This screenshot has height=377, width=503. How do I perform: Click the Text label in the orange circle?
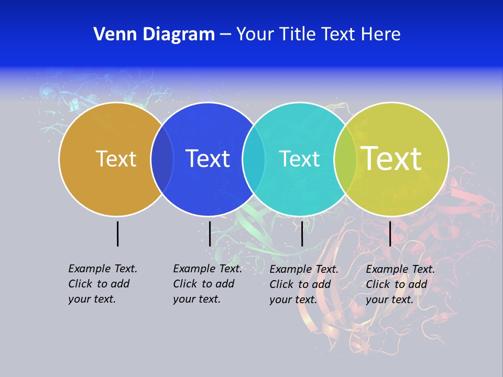[x=116, y=159]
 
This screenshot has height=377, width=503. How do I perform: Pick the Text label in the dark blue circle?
[x=208, y=159]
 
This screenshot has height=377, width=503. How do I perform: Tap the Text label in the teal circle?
[x=299, y=159]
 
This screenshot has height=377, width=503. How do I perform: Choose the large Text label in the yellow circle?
[x=391, y=158]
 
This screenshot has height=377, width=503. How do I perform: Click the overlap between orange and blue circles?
[x=162, y=159]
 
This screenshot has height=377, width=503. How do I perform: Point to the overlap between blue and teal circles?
[x=254, y=159]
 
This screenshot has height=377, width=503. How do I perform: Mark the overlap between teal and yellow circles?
[x=345, y=159]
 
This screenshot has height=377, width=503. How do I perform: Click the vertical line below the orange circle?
[x=117, y=234]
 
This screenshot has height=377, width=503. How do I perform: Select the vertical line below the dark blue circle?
[x=210, y=234]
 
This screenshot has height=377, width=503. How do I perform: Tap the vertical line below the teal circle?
[x=302, y=234]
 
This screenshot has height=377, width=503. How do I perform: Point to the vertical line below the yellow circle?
[x=390, y=234]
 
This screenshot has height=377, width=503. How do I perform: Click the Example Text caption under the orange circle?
[x=103, y=284]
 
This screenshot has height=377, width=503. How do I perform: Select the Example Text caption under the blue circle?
[x=207, y=284]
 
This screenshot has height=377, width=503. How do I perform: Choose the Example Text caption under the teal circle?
[x=304, y=284]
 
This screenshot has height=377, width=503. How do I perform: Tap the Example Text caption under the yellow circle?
[x=400, y=284]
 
